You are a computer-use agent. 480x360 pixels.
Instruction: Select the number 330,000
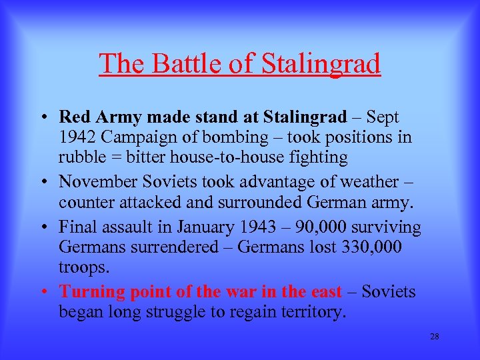coord(372,247)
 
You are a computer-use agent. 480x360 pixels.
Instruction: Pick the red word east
coord(325,291)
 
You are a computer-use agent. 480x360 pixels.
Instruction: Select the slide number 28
coord(434,336)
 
